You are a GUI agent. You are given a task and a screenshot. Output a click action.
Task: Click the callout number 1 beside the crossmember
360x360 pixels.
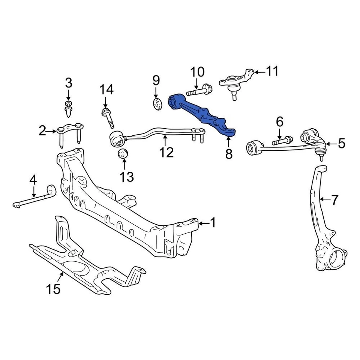213,223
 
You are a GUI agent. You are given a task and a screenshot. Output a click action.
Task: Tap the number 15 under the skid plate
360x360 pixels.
53,289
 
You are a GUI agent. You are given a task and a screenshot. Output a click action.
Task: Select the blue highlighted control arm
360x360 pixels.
202,114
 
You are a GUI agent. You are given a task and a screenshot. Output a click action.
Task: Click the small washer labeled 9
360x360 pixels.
157,103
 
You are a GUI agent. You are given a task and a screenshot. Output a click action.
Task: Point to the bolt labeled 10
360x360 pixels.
199,91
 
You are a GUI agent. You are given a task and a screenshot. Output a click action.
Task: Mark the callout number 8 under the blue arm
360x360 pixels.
228,153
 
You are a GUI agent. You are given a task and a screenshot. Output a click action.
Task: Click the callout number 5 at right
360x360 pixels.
341,143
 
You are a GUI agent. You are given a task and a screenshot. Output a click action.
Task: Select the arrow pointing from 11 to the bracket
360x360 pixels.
259,71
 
